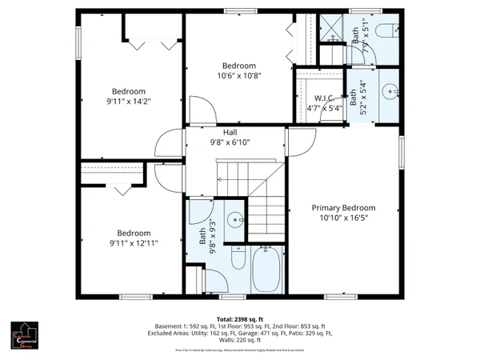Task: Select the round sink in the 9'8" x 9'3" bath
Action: coord(235,217)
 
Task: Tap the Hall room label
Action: coord(230,133)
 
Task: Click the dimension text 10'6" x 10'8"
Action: coord(239,76)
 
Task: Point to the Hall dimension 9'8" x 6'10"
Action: coord(230,142)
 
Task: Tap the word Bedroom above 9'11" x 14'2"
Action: coord(128,90)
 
